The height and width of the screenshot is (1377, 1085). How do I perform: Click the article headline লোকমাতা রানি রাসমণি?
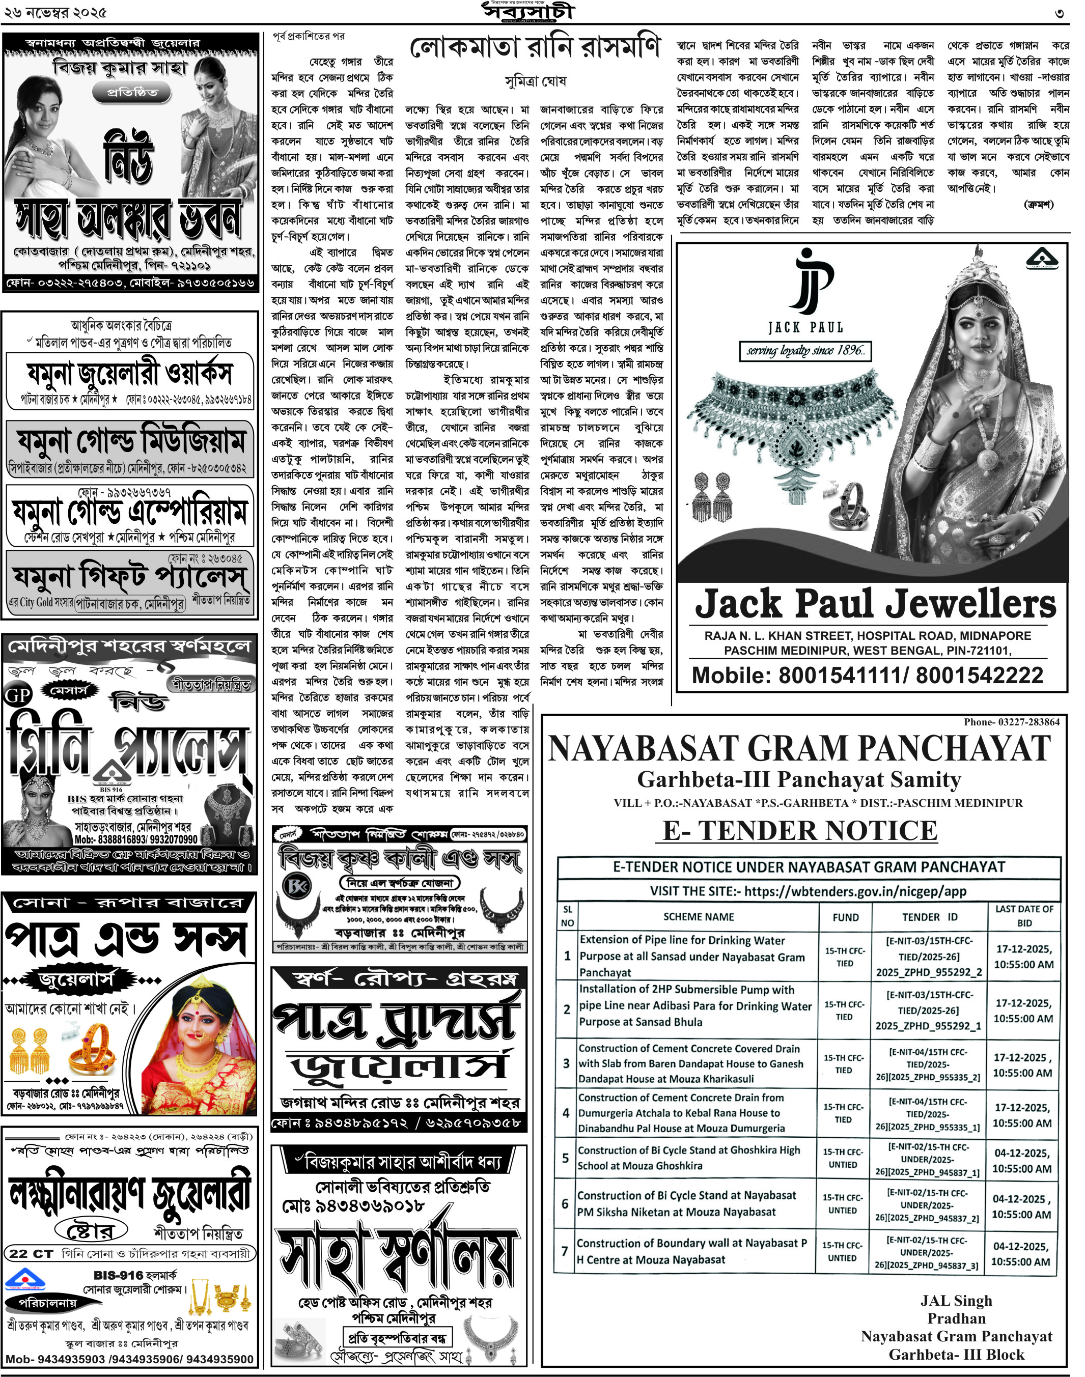click(535, 48)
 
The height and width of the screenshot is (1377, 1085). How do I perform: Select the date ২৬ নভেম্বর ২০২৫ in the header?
click(54, 13)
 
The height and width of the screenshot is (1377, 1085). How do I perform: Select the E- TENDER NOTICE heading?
click(800, 830)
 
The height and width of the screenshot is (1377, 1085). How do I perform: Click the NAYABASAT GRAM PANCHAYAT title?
click(799, 749)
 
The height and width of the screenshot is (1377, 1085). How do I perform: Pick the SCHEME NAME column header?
click(698, 916)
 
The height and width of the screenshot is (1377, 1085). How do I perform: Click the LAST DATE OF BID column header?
click(1023, 916)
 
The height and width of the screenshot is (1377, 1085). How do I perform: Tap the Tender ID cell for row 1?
click(929, 956)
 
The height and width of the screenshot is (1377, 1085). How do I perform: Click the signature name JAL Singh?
click(956, 1301)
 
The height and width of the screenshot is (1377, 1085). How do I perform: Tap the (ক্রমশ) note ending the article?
click(1039, 204)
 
